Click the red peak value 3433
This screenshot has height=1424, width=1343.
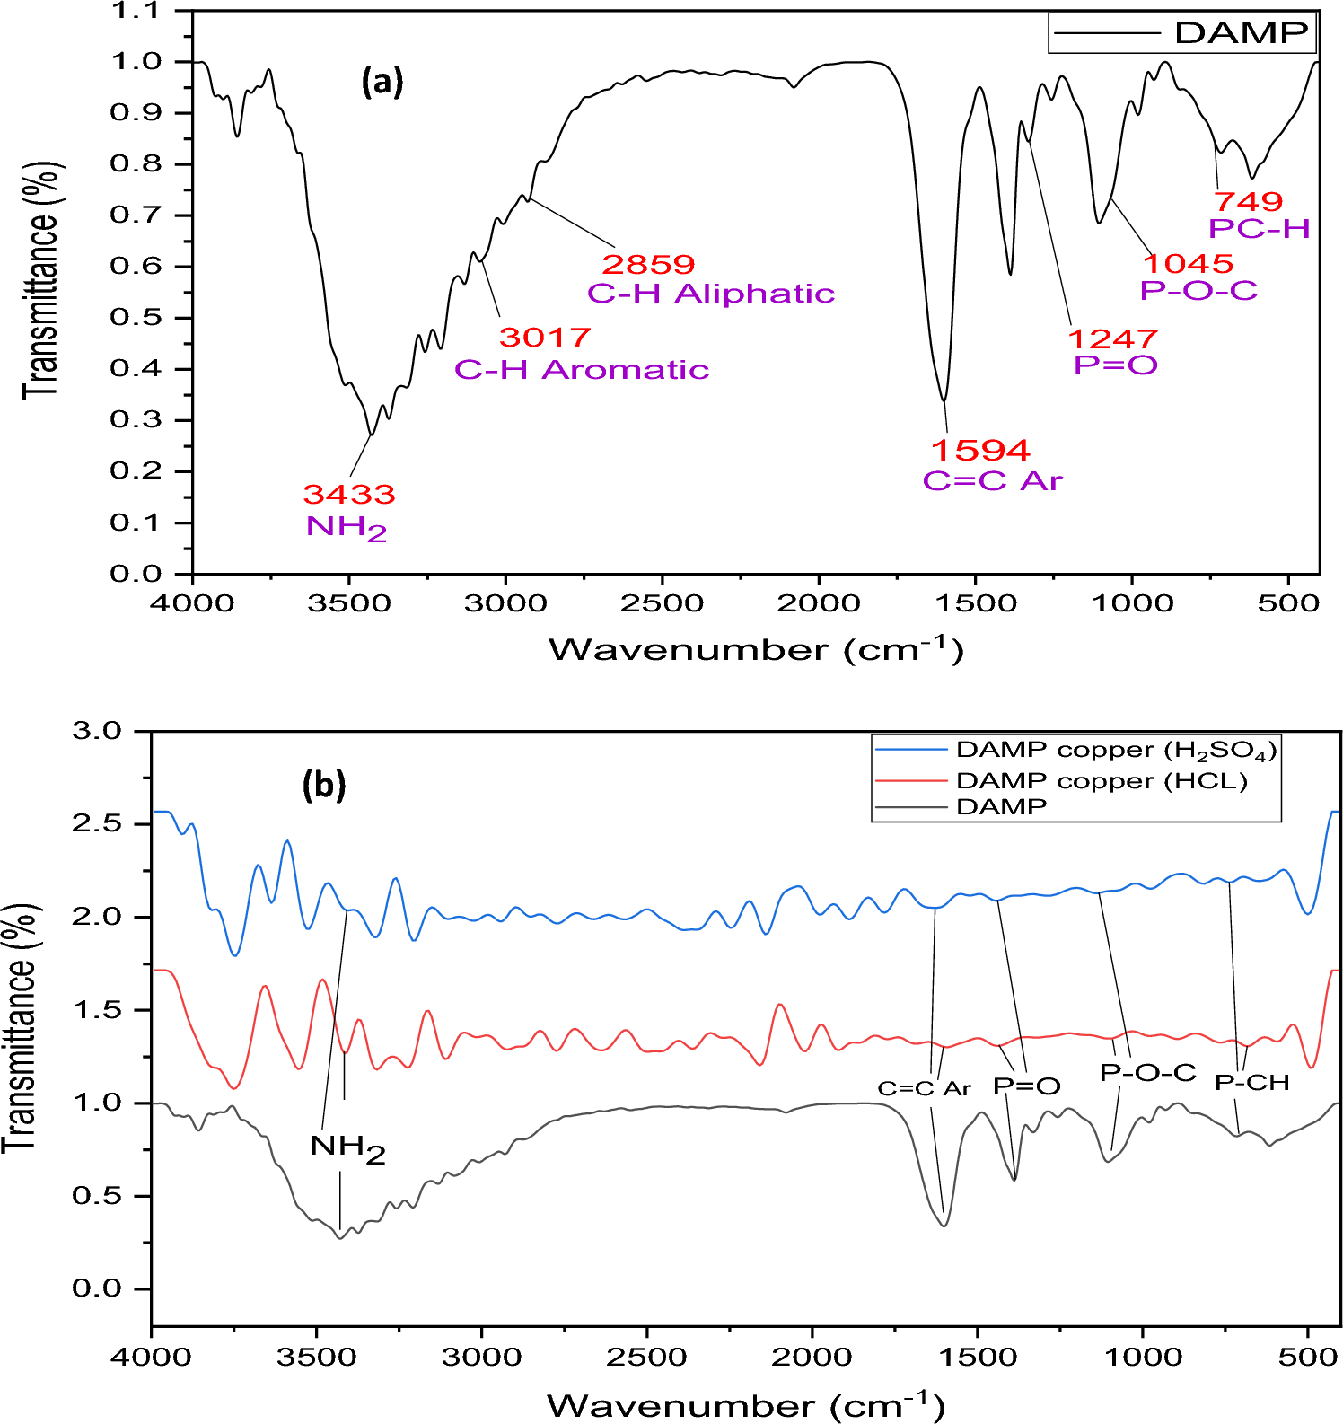click(x=349, y=495)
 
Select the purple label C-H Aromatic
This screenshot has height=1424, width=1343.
click(x=582, y=370)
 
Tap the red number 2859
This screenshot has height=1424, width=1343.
click(x=648, y=265)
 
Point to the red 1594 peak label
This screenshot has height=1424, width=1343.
click(x=980, y=450)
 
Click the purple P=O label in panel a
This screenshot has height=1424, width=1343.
click(x=1116, y=365)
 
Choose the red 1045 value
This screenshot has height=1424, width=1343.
click(x=1188, y=264)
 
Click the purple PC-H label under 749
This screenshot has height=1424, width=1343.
click(x=1259, y=229)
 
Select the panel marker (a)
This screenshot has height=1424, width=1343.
click(x=382, y=82)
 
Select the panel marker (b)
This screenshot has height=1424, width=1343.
click(x=324, y=785)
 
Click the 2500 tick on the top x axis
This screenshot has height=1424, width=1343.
click(x=662, y=602)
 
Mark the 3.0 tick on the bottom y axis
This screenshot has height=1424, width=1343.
click(x=100, y=731)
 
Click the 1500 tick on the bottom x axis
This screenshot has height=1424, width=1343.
click(x=977, y=1356)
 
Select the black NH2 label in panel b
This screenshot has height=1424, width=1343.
click(x=347, y=1147)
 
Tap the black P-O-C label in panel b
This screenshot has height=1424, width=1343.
click(x=1147, y=1073)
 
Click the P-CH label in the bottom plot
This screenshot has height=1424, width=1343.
click(x=1251, y=1083)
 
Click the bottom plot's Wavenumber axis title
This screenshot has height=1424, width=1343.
click(x=745, y=1404)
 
